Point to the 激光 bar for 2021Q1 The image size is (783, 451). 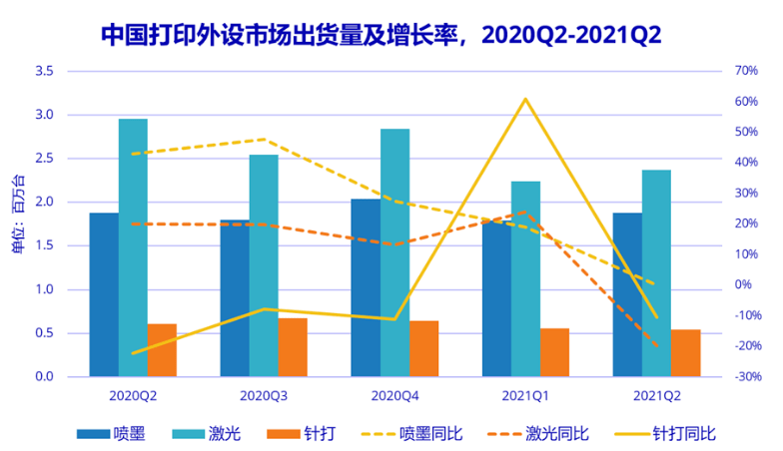click(525, 279)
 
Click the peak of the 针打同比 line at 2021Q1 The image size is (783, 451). click(525, 99)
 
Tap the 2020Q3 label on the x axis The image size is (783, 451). click(264, 396)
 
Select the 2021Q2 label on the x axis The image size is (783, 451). click(656, 396)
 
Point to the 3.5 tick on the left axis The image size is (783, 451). click(44, 71)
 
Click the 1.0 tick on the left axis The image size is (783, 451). click(44, 289)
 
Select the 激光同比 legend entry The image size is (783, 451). click(538, 433)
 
